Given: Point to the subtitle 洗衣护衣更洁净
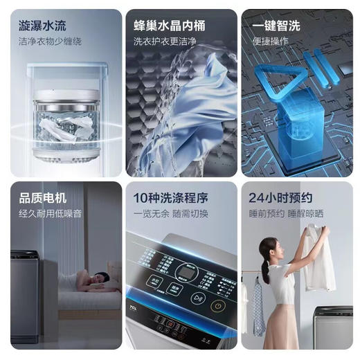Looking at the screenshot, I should click(165, 42).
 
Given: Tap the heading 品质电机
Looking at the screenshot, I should click(43, 198).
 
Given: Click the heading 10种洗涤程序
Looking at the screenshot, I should click(170, 198).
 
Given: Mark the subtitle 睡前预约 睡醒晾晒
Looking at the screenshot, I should click(289, 213).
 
